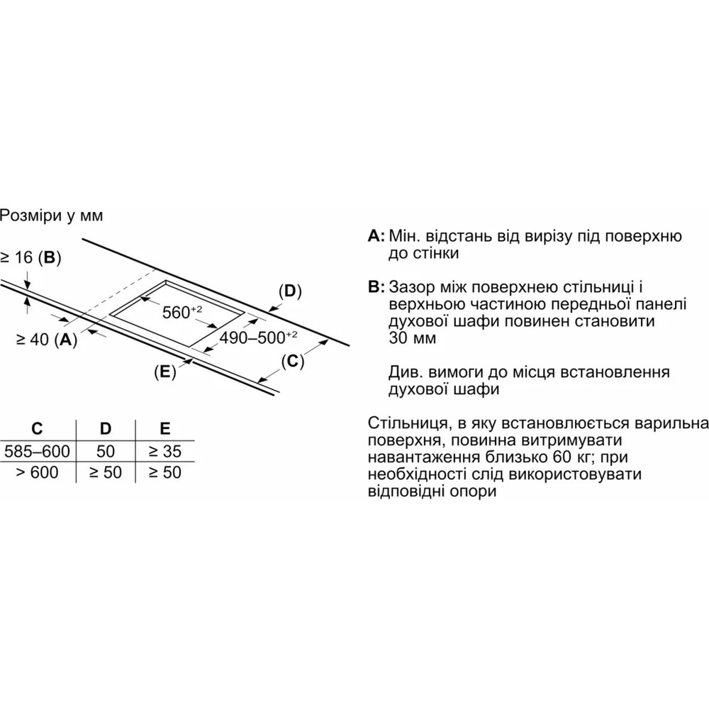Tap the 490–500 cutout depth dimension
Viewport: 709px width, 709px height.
tap(258, 337)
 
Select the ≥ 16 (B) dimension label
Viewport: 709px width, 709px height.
tap(30, 258)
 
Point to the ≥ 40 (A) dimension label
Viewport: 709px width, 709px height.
tap(47, 339)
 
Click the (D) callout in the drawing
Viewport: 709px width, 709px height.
tap(290, 291)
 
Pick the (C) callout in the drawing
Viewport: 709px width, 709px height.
tap(293, 362)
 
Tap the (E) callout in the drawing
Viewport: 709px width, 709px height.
tap(165, 372)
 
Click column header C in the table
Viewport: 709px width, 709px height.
tap(37, 428)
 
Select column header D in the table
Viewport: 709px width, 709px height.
tap(106, 428)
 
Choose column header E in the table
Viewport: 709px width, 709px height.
tap(165, 428)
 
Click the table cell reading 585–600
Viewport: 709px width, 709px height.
tap(37, 451)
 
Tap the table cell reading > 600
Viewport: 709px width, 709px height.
tap(37, 472)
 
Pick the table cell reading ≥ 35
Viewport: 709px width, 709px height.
tap(165, 451)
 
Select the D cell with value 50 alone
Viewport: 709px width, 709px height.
tap(106, 451)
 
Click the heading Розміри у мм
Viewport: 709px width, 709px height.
tap(52, 216)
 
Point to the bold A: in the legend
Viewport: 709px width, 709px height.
tap(376, 236)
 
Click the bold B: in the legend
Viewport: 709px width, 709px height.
tap(376, 287)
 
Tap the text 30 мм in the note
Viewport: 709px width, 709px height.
tap(413, 337)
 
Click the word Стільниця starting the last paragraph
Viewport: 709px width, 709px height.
tap(408, 423)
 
